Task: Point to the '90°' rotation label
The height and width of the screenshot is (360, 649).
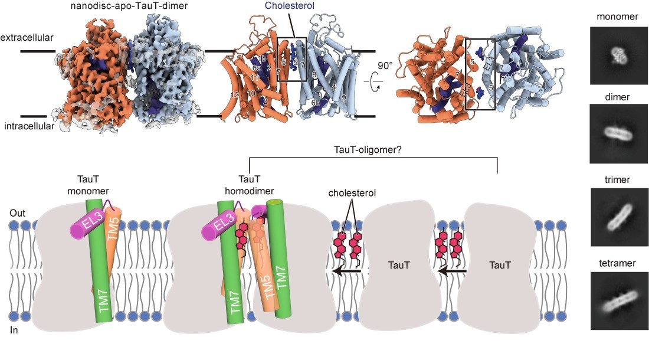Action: click(x=386, y=66)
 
